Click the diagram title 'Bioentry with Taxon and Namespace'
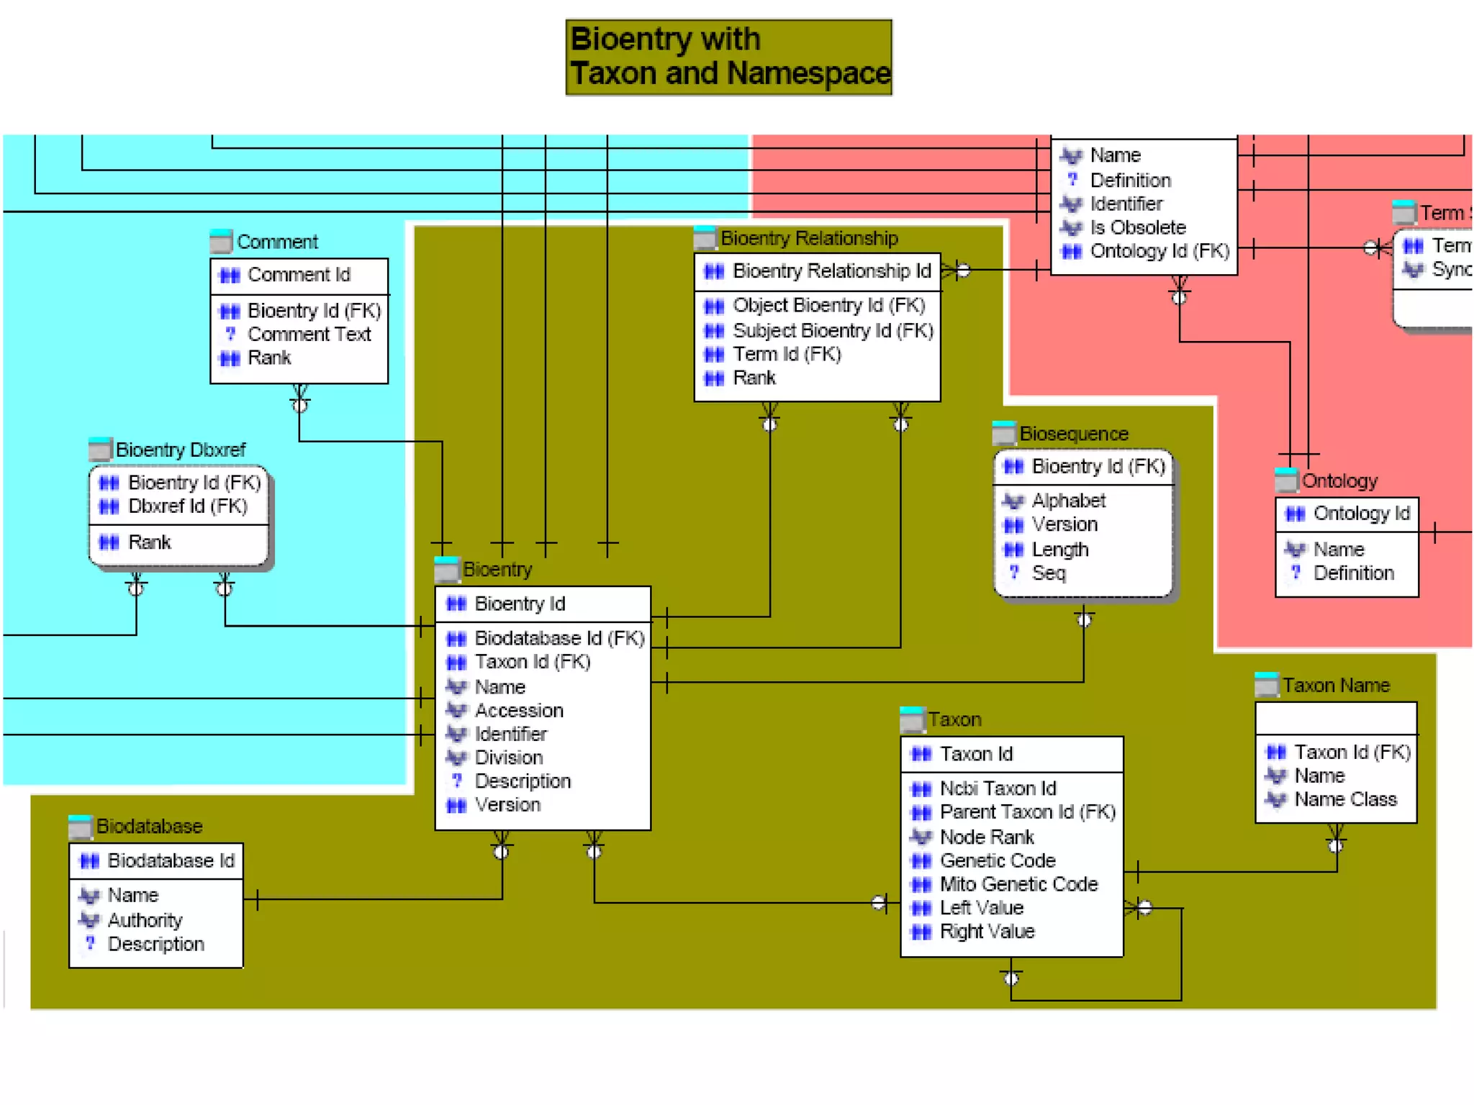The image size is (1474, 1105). pos(728,57)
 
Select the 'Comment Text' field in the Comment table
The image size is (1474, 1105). pos(309,335)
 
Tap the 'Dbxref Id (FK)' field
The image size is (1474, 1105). pos(187,506)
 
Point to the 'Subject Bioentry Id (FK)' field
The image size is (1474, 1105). pos(832,331)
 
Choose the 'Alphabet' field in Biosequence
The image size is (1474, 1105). pos(1068,501)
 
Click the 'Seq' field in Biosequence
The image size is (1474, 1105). pos(1048,573)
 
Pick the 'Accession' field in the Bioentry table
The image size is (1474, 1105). pos(518,711)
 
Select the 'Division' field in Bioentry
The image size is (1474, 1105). pos(508,758)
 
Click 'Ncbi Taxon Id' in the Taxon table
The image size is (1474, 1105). pos(998,788)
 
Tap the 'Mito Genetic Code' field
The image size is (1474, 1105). pos(1018,884)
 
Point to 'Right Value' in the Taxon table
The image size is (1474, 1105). pos(987,932)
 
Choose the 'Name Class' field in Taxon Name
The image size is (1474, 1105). pos(1344,799)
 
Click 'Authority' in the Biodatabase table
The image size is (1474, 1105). pos(145,920)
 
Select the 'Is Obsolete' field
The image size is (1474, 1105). pos(1137,227)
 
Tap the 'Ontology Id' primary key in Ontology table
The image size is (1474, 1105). pos(1360,514)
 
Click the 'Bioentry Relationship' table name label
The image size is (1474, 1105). pos(809,238)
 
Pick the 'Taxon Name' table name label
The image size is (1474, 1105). pos(1335,686)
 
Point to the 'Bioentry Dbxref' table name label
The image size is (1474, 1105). pos(180,450)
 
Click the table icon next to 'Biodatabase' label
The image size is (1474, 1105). pos(80,827)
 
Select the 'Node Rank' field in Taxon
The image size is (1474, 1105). pos(986,837)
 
